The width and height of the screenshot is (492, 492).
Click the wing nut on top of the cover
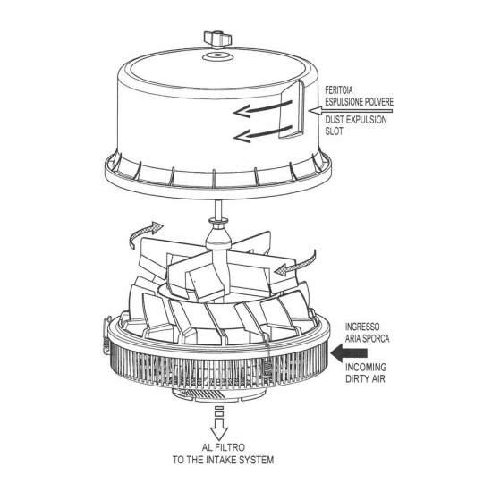[217, 40]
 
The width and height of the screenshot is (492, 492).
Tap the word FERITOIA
[339, 90]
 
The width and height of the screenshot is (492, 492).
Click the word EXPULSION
[367, 120]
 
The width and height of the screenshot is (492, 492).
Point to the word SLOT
[334, 131]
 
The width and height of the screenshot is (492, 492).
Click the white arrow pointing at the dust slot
[351, 110]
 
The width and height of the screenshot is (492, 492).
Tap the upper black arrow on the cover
[263, 109]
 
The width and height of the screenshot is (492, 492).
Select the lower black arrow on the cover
[263, 133]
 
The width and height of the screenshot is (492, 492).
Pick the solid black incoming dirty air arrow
[349, 353]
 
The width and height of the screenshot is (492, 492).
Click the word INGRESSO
[362, 327]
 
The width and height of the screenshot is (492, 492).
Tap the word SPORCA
[376, 338]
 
